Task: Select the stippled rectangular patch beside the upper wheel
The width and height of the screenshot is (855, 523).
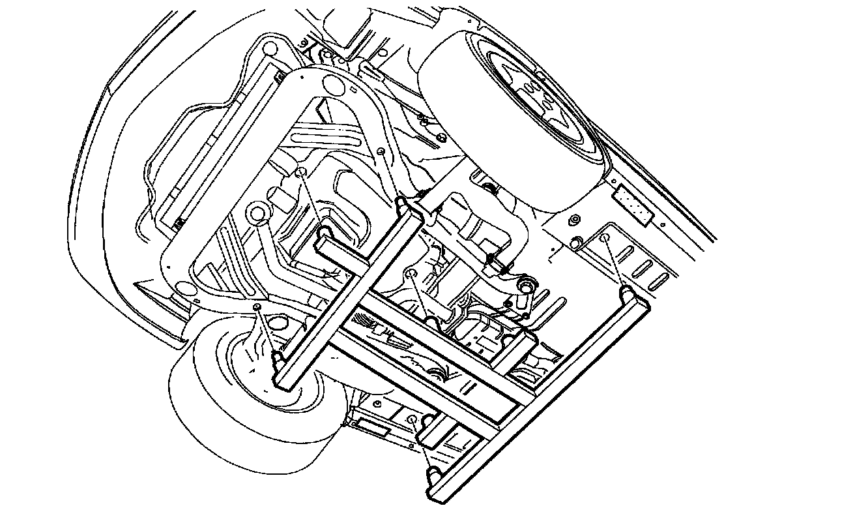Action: pos(631,203)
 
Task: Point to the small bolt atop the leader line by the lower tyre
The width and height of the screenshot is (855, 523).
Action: pos(257,306)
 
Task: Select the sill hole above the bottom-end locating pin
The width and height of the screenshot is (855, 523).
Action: pos(412,418)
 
